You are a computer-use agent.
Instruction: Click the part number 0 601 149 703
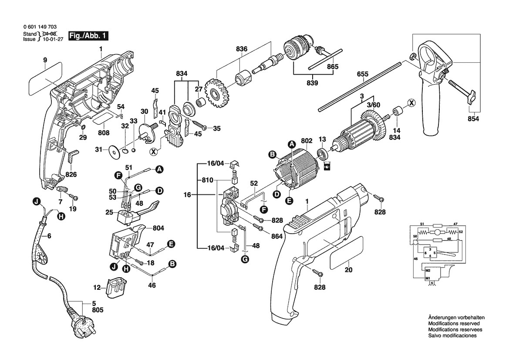tap(40, 27)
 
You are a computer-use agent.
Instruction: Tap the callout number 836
tap(242, 49)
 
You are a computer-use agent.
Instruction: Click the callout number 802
tap(307, 140)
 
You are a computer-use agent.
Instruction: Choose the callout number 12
tap(97, 288)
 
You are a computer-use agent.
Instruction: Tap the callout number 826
tap(71, 175)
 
